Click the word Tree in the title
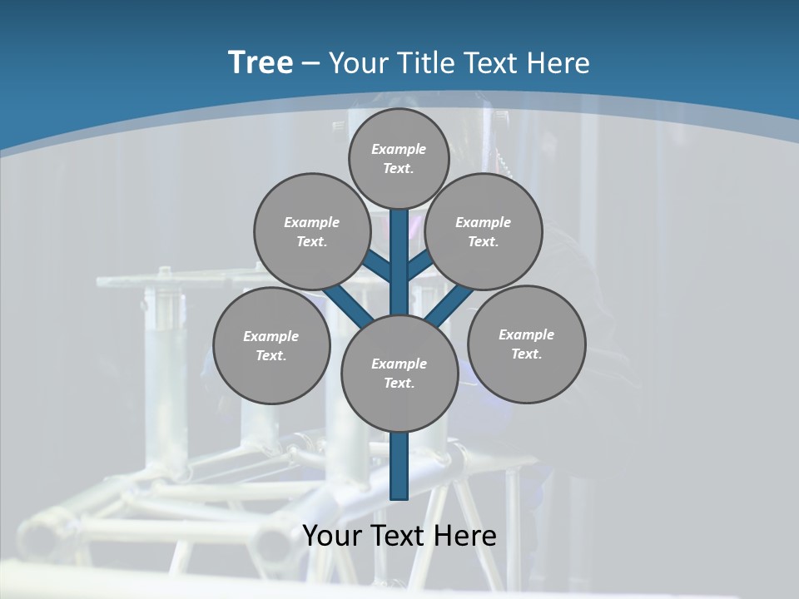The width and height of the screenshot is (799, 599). click(261, 62)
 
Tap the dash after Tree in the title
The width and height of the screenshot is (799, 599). click(311, 64)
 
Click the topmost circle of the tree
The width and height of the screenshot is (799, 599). click(399, 158)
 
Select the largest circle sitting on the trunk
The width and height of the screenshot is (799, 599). click(399, 374)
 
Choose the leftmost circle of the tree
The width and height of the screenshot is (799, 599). click(271, 345)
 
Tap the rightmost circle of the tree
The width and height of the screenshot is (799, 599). click(527, 344)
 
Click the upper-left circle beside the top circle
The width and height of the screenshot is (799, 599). click(312, 231)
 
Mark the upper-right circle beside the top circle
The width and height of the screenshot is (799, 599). click(484, 231)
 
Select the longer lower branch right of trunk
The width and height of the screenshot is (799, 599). click(449, 302)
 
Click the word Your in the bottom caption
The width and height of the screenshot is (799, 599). click(330, 536)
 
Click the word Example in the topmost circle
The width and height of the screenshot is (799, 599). click(399, 149)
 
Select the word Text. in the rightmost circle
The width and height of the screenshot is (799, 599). click(527, 354)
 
